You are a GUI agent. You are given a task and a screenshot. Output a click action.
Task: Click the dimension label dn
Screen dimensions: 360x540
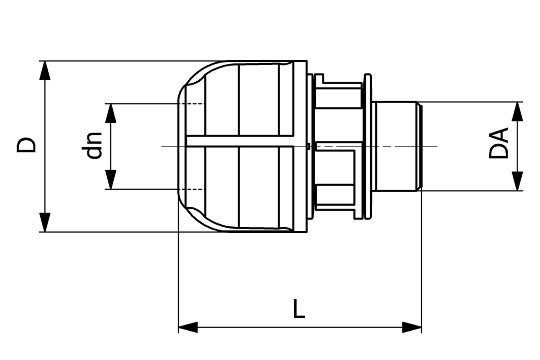[93, 145]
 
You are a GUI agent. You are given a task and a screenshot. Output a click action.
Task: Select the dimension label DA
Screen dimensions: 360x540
[499, 143]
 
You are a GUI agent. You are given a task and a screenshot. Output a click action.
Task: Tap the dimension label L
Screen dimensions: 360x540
[299, 309]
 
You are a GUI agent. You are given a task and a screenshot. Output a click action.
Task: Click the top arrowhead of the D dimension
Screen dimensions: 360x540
[45, 70]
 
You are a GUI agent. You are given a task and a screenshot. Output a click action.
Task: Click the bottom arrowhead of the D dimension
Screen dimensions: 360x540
[45, 222]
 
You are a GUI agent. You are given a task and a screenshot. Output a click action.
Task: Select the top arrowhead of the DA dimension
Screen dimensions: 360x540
[518, 111]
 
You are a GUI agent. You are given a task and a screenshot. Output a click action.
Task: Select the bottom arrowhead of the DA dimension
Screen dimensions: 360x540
[518, 181]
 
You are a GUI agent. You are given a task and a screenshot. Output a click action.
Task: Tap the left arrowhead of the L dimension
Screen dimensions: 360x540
[188, 327]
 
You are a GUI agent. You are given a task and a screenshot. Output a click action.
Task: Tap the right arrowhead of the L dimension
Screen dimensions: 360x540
[412, 327]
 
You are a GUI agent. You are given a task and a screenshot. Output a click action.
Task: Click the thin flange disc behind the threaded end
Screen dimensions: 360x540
[367, 146]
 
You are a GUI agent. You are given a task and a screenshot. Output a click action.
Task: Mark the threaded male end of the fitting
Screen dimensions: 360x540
[396, 146]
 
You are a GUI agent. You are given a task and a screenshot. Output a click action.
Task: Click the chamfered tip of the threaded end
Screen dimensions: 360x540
[419, 146]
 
